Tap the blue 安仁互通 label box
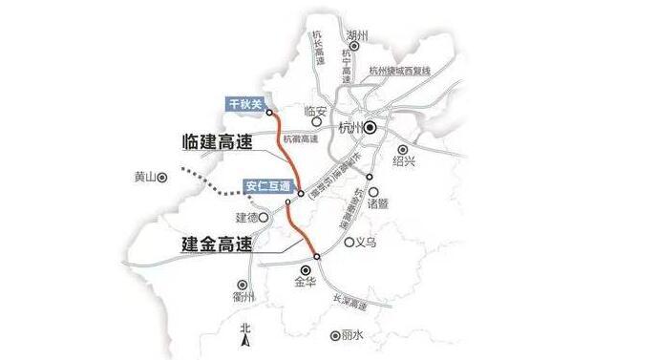265,184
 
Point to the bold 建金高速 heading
216,244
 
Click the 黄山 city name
143,176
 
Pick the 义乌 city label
365,242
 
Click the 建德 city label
246,218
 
